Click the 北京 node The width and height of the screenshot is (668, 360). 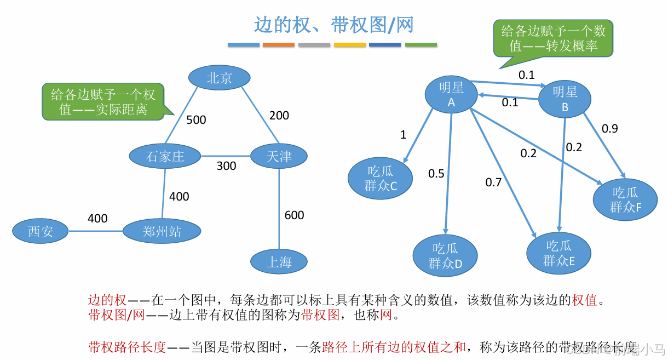click(219, 78)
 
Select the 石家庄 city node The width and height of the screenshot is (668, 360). click(165, 156)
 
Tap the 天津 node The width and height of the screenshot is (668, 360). click(279, 156)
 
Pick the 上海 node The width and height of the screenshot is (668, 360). click(279, 262)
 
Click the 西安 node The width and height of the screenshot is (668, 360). click(41, 231)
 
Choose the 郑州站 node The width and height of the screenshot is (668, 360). click(162, 231)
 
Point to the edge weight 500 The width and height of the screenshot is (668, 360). click(196, 119)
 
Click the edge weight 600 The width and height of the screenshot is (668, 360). click(294, 215)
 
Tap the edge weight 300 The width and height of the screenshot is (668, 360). click(226, 166)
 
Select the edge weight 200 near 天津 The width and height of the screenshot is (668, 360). click(279, 116)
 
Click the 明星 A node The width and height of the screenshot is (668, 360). click(451, 95)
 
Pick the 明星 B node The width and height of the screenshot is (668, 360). click(565, 99)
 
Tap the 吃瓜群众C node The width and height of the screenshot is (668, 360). click(380, 179)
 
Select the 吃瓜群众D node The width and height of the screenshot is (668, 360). click(445, 256)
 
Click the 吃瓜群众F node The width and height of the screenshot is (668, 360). click(625, 199)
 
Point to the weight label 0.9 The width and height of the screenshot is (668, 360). click(610, 128)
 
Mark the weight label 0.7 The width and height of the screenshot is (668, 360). click(493, 182)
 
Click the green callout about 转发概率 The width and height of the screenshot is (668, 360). click(553, 38)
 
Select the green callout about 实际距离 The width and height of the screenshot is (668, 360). click(103, 101)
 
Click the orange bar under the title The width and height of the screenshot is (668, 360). click(279, 44)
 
